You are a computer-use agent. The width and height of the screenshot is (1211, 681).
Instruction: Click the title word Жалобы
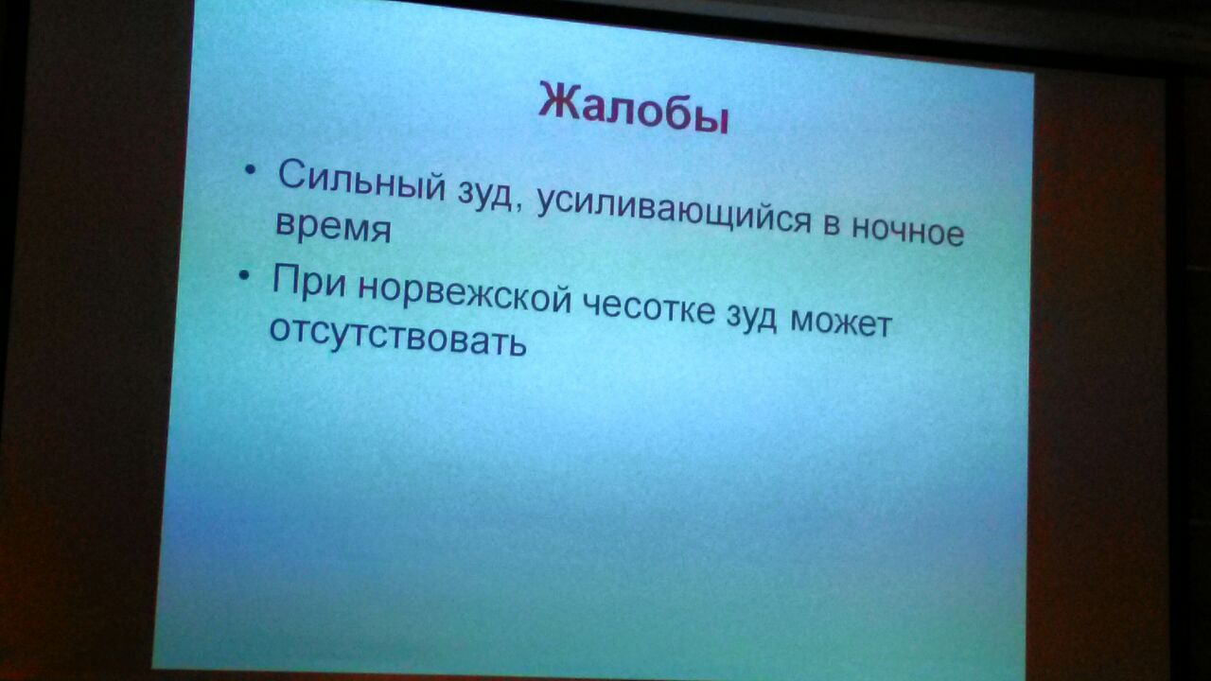point(634,108)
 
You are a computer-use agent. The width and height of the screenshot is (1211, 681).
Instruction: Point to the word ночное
point(907,230)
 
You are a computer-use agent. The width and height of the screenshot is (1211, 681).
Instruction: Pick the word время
point(333,226)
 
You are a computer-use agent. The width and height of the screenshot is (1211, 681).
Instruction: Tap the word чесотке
point(648,307)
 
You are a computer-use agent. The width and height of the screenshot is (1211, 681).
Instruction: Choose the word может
point(841,323)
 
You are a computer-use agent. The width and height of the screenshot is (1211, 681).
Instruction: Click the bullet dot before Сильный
point(250,169)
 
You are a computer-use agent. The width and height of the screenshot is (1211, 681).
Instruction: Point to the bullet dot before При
point(244,275)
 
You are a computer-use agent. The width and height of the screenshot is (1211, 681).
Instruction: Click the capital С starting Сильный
point(293,173)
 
